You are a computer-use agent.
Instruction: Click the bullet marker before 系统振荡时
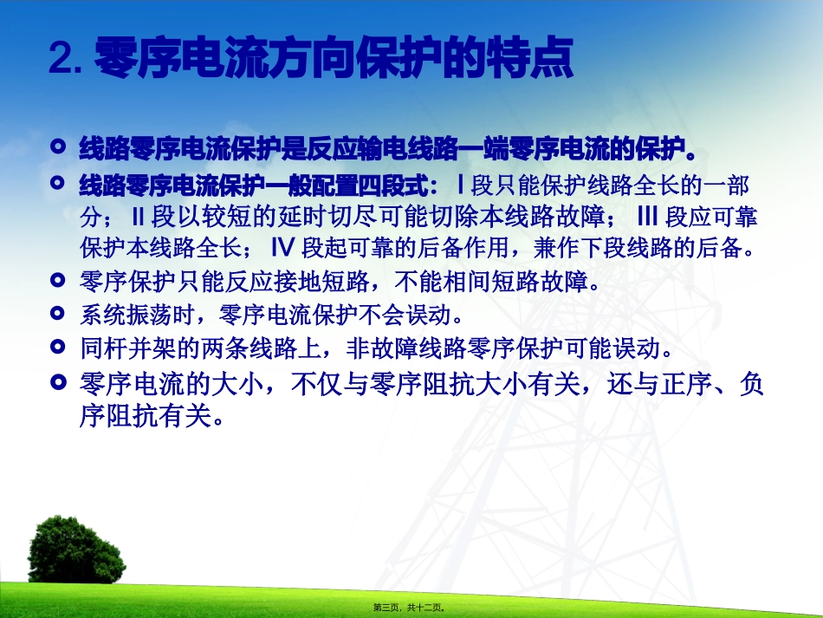[x=58, y=313]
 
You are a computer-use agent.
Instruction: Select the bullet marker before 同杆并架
[x=58, y=347]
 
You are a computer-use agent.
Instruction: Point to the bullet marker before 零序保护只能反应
[x=58, y=280]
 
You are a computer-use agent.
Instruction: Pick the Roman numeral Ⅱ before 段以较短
[x=136, y=216]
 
